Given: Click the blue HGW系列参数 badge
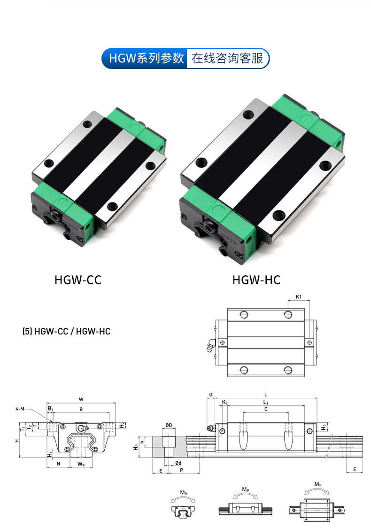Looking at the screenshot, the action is pyautogui.click(x=145, y=58).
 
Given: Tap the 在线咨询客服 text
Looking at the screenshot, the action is pyautogui.click(x=227, y=58).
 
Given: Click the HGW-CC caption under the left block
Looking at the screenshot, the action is pyautogui.click(x=78, y=280).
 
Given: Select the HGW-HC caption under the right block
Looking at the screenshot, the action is pyautogui.click(x=256, y=280).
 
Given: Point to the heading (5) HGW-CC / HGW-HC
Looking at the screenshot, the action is pyautogui.click(x=66, y=331).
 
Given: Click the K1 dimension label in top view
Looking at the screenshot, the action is pyautogui.click(x=299, y=297).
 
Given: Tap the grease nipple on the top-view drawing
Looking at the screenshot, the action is pyautogui.click(x=211, y=345).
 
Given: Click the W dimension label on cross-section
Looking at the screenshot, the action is pyautogui.click(x=81, y=399).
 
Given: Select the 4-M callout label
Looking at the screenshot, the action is pyautogui.click(x=20, y=409).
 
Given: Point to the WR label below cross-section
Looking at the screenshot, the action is pyautogui.click(x=81, y=464).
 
